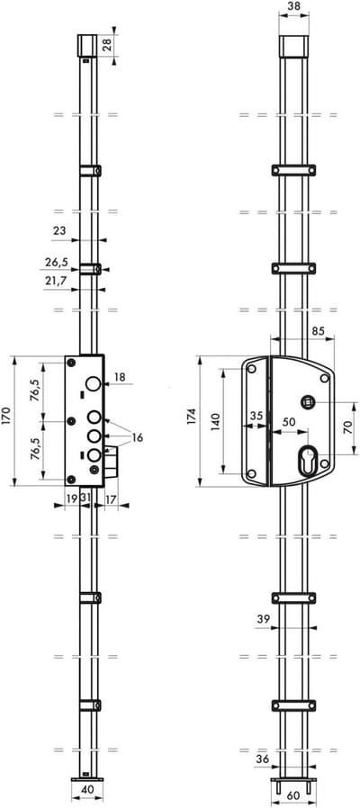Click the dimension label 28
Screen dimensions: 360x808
click(107, 44)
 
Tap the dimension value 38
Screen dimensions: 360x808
click(293, 6)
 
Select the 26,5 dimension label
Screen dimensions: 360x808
click(57, 262)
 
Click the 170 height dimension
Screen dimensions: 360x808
click(5, 416)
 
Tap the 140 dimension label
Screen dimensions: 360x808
click(215, 421)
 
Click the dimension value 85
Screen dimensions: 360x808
click(318, 331)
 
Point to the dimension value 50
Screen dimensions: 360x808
click(289, 421)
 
